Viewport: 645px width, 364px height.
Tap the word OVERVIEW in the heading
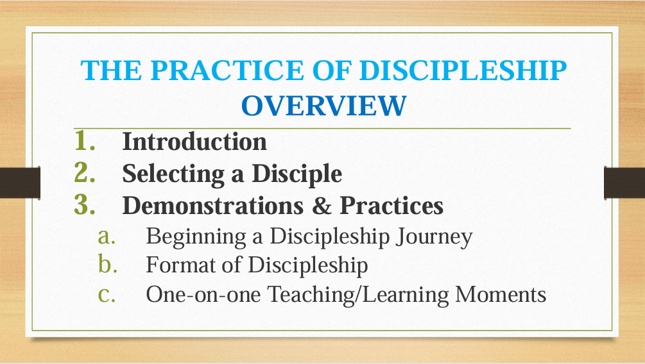click(323, 106)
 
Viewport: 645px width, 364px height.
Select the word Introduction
click(194, 142)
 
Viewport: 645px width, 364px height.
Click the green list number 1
click(84, 140)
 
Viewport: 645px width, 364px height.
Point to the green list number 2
click(84, 172)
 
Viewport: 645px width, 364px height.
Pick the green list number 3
click(84, 204)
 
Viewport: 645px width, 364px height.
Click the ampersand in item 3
click(322, 206)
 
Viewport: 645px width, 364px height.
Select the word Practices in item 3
click(391, 206)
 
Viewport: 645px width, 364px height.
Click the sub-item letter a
click(107, 237)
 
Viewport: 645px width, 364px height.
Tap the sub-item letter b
click(108, 264)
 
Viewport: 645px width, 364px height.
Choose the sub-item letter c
click(107, 295)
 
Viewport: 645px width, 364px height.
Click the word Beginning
click(196, 238)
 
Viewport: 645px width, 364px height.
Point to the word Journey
click(434, 238)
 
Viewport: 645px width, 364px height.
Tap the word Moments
click(501, 295)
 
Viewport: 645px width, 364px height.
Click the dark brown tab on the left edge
click(20, 183)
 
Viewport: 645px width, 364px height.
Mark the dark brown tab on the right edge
click(624, 183)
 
